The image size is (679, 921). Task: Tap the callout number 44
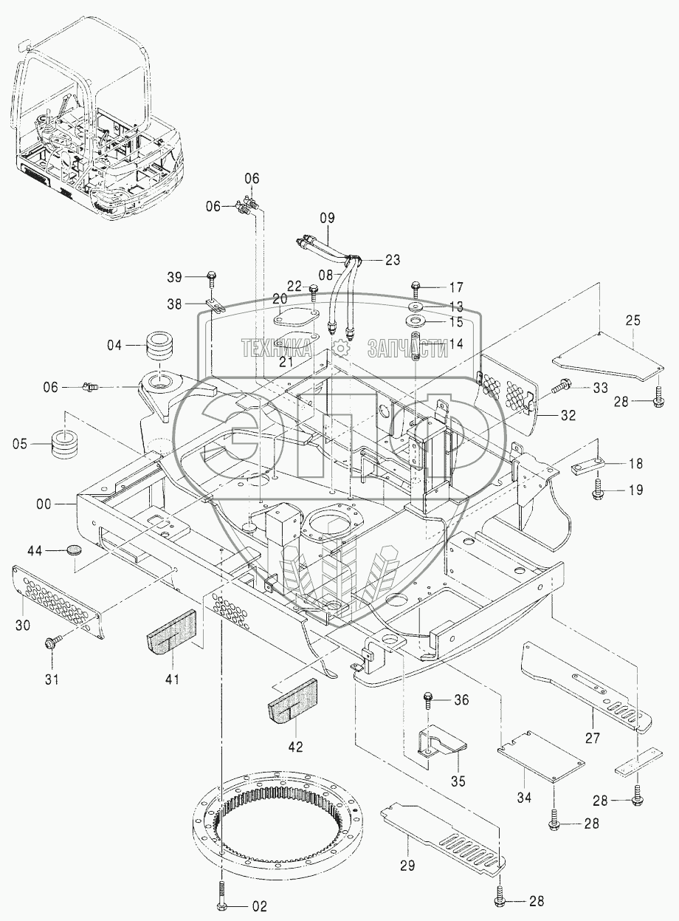click(x=35, y=551)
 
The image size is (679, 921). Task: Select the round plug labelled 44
click(x=74, y=551)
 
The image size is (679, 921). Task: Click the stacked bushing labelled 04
click(x=161, y=346)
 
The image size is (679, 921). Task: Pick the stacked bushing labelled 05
click(x=66, y=445)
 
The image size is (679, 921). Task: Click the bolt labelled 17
click(x=417, y=289)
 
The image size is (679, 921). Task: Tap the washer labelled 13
click(x=416, y=307)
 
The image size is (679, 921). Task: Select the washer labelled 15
click(x=416, y=321)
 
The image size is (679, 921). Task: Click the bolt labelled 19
click(x=597, y=489)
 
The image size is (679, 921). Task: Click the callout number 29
click(x=407, y=866)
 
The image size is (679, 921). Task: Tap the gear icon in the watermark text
click(x=340, y=348)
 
